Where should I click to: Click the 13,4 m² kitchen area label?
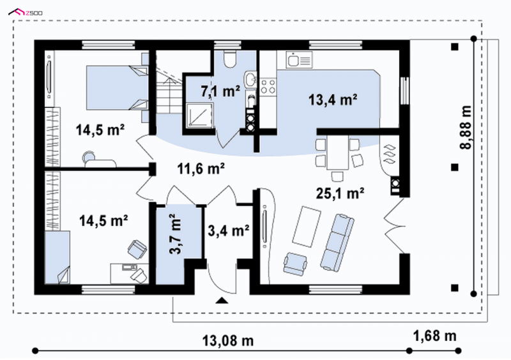(333, 100)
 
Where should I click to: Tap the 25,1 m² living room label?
(340, 193)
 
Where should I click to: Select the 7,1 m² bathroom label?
(220, 91)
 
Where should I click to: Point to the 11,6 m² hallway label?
(201, 169)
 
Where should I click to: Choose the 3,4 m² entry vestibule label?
(229, 230)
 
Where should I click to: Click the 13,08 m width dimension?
(228, 341)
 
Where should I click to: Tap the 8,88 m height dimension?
(466, 128)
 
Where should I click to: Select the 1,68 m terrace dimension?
(435, 336)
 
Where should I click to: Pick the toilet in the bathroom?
(230, 59)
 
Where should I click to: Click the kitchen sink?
(299, 60)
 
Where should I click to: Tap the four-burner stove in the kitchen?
(268, 86)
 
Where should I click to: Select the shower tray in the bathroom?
(200, 115)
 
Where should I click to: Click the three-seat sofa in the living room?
(337, 242)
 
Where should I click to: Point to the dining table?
(338, 152)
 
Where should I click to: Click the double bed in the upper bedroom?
(118, 87)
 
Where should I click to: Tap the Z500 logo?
(25, 13)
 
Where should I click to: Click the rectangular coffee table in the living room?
(307, 227)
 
